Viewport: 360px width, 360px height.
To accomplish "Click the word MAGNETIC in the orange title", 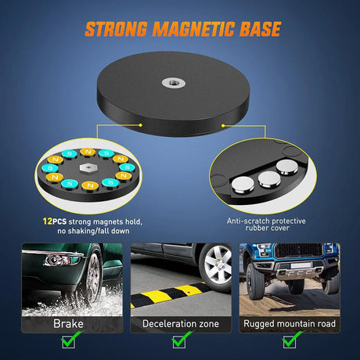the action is [x=193, y=29].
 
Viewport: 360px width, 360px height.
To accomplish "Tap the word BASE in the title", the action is [x=260, y=29].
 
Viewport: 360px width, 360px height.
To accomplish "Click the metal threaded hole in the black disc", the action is [x=174, y=83].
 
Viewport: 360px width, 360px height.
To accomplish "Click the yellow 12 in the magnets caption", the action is [x=48, y=221].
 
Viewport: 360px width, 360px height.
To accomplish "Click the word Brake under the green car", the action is [x=68, y=324].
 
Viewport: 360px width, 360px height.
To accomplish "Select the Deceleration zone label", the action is [x=181, y=324].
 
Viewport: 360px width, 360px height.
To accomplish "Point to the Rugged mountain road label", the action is [x=290, y=324].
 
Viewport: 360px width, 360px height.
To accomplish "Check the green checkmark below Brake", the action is [x=70, y=339].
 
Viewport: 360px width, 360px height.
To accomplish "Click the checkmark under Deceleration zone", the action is [x=182, y=339].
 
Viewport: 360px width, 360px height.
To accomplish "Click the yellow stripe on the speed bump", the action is [x=189, y=290].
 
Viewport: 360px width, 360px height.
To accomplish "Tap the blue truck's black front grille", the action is [x=298, y=250].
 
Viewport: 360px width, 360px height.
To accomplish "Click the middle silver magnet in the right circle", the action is [x=269, y=179].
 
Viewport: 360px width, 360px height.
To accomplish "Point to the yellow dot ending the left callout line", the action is [x=140, y=125].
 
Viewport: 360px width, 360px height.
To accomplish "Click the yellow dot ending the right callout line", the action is [x=223, y=126].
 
